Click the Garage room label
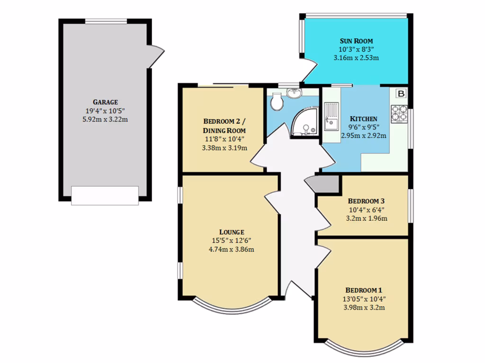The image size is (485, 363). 105,102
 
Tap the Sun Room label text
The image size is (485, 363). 356,41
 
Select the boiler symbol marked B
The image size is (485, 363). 401,94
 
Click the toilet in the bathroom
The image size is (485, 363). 276,101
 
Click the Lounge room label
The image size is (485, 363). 232,232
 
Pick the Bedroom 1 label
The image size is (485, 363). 363,290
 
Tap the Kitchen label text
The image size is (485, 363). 363,119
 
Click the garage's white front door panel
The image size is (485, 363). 105,196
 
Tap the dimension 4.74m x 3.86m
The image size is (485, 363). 232,249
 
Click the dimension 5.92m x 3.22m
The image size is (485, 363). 105,119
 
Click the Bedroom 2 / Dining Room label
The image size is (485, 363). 225,125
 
